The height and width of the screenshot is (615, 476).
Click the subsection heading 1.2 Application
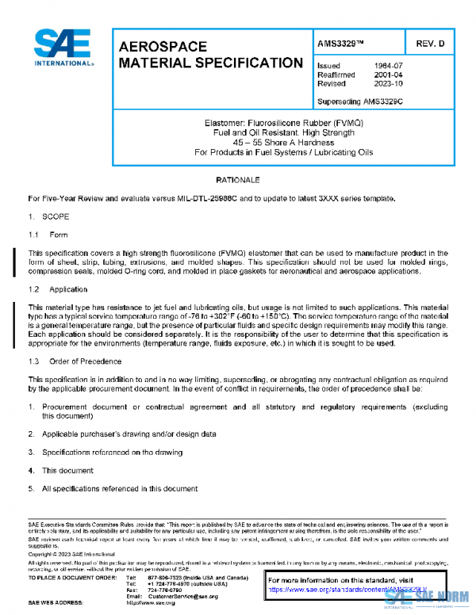point(60,289)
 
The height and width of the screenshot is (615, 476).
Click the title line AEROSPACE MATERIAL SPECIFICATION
point(209,55)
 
